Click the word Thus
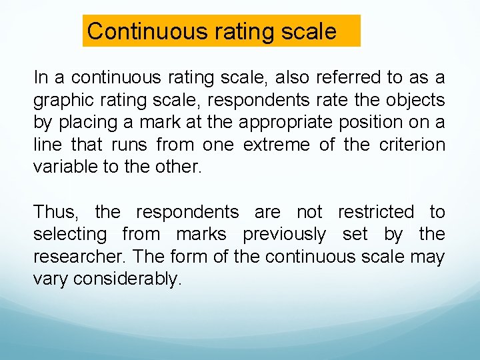click(x=55, y=212)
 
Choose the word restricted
click(x=376, y=212)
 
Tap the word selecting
click(x=70, y=235)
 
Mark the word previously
click(x=285, y=235)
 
